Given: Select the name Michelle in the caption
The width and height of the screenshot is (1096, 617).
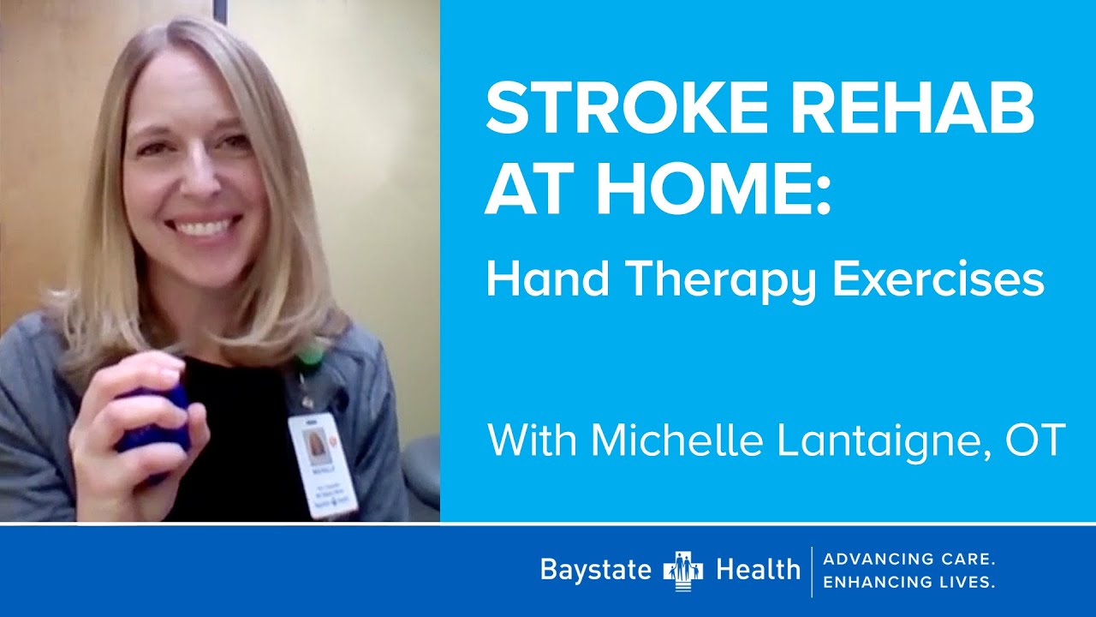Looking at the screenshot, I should click(676, 440).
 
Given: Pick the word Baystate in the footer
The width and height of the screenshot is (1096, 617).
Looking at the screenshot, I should click(596, 570).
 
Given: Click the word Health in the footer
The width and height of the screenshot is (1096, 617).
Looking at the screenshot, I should click(757, 570).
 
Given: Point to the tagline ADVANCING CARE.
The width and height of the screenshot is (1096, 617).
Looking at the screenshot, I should click(908, 560).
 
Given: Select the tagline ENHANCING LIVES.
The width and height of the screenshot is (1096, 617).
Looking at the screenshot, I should click(908, 582).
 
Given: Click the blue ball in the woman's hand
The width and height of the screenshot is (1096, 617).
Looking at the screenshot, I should click(154, 420).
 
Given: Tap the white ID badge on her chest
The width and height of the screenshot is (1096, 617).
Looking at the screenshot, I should click(322, 464).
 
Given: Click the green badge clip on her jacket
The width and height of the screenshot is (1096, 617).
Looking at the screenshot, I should click(310, 356).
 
